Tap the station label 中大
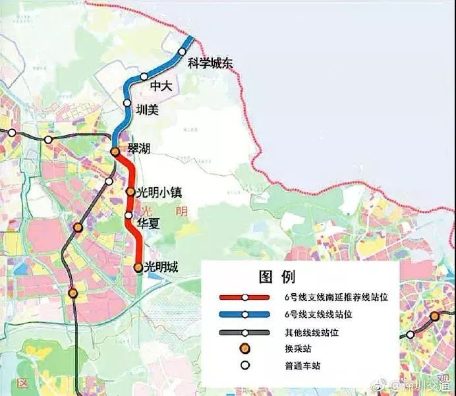[x=161, y=86]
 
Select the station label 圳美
[x=147, y=110]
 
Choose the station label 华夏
[x=148, y=223]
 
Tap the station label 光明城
[x=161, y=267]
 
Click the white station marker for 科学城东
[x=183, y=51]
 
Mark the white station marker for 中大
[x=144, y=76]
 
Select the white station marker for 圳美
[x=127, y=103]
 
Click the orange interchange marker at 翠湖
[x=115, y=152]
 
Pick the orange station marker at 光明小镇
[x=130, y=192]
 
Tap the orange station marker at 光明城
[x=138, y=268]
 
